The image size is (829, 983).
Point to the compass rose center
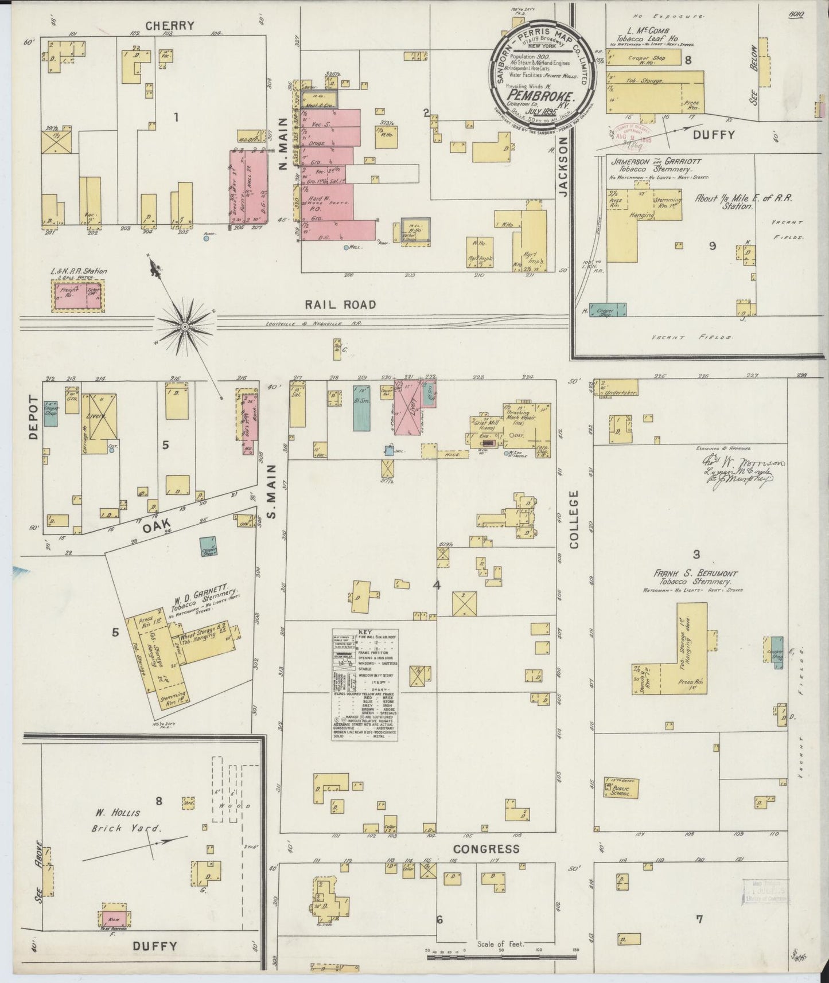185,327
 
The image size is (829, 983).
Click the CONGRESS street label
485,848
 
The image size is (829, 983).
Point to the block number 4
437,585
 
